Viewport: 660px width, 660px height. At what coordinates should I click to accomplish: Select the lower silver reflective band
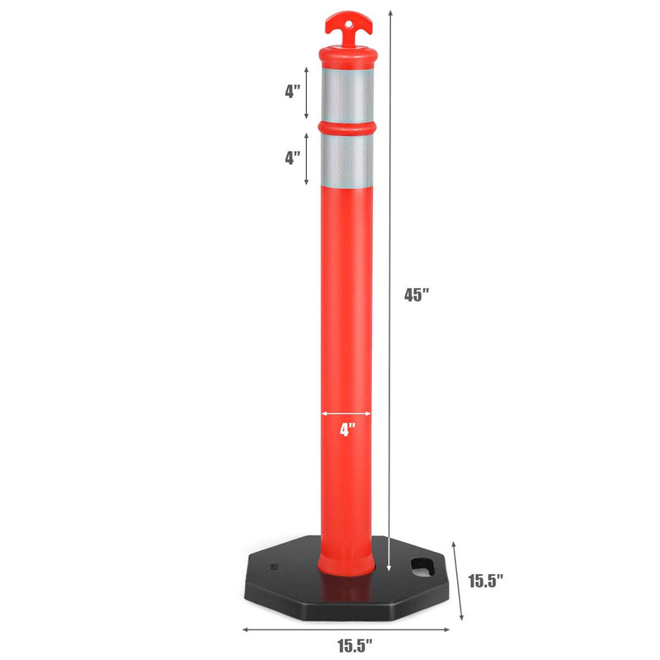(x=346, y=161)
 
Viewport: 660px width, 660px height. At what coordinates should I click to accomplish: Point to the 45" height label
(x=417, y=295)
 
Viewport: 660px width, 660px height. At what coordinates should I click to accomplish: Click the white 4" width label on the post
(x=346, y=429)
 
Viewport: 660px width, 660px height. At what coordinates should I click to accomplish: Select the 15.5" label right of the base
(x=486, y=581)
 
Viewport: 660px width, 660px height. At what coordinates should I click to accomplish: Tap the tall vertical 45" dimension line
(x=388, y=289)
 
